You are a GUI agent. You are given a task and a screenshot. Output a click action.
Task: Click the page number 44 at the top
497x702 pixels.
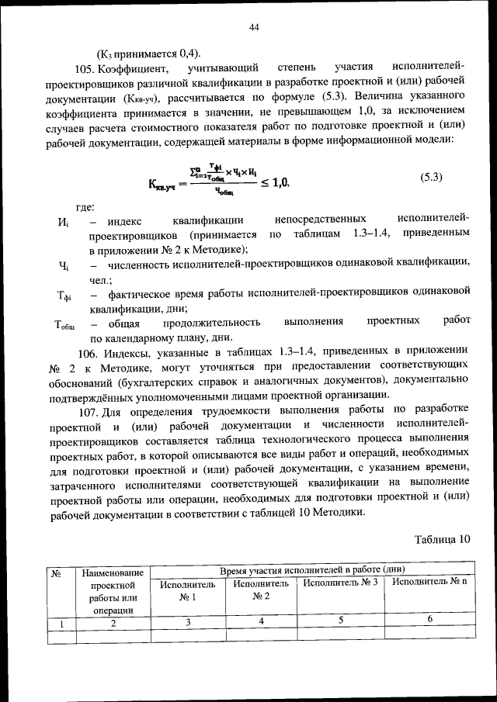tap(253, 28)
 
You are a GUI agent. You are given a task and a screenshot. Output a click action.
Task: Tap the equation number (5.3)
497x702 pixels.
tap(431, 177)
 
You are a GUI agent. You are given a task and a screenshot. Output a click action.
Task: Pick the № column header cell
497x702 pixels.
tap(56, 575)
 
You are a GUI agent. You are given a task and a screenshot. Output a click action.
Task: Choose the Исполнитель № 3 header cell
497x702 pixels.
tap(340, 583)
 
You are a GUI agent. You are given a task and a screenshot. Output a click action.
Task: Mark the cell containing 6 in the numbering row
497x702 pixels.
tap(429, 620)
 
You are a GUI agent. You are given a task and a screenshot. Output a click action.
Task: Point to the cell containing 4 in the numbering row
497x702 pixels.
tap(261, 621)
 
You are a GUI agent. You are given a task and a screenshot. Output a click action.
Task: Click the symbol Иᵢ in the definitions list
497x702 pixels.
tap(64, 222)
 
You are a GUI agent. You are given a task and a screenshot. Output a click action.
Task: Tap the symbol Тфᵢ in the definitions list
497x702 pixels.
tap(64, 296)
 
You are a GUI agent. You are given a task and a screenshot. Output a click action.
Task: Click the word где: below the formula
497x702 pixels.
tap(85, 206)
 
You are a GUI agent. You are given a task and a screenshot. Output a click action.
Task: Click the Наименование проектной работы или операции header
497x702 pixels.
tap(113, 590)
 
